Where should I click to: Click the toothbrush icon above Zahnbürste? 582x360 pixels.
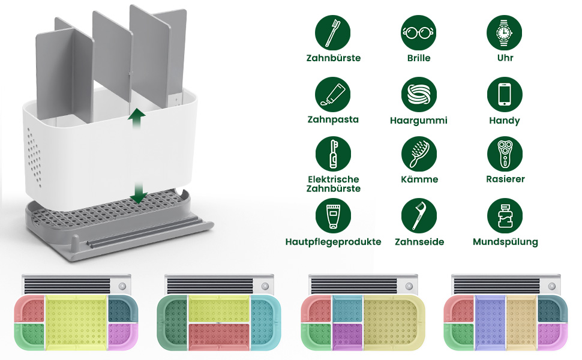[332, 32]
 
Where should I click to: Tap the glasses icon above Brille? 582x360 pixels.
[419, 32]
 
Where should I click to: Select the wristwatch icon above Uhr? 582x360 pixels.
[505, 32]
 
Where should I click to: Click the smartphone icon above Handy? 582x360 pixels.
[505, 94]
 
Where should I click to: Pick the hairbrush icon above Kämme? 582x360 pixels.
[419, 154]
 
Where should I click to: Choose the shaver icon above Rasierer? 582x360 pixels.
[505, 154]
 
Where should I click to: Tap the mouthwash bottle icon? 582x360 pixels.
[505, 216]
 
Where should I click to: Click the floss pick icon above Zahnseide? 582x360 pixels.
[419, 216]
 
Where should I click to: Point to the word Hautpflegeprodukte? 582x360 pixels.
[333, 242]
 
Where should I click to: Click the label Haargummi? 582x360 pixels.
[419, 121]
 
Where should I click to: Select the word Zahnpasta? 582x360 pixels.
[333, 119]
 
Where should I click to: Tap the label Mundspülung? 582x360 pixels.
[505, 242]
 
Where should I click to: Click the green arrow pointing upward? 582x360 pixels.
[136, 118]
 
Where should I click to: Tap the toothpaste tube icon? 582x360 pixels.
[333, 94]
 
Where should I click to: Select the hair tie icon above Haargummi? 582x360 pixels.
[419, 94]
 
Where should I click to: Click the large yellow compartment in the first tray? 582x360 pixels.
[76, 322]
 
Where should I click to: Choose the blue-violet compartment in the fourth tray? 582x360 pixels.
[490, 322]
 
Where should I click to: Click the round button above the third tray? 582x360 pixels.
[409, 286]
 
